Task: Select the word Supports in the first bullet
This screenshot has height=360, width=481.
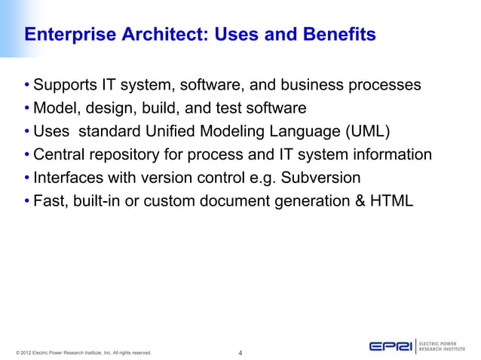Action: (x=69, y=84)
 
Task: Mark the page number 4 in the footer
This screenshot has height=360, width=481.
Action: (x=240, y=352)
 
